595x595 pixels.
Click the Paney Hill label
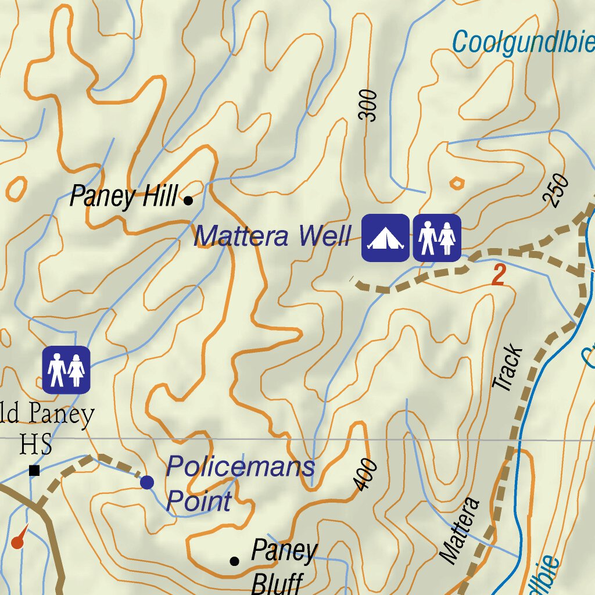(x=123, y=197)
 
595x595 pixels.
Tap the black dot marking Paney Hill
(x=188, y=201)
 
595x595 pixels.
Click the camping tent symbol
(x=385, y=238)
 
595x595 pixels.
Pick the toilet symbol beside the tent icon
(x=437, y=238)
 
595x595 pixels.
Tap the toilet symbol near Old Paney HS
(x=66, y=370)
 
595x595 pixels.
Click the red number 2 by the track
(x=498, y=275)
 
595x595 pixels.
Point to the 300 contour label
(x=368, y=106)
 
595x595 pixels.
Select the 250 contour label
(x=556, y=191)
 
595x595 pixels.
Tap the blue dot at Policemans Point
(x=147, y=482)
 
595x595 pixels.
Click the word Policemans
(x=240, y=467)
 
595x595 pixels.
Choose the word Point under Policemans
(x=199, y=501)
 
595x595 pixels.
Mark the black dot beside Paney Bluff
(x=235, y=561)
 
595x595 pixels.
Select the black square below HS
(x=34, y=471)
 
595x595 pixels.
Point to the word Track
(x=508, y=368)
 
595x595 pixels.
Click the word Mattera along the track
(x=460, y=530)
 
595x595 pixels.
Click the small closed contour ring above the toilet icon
(x=457, y=184)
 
